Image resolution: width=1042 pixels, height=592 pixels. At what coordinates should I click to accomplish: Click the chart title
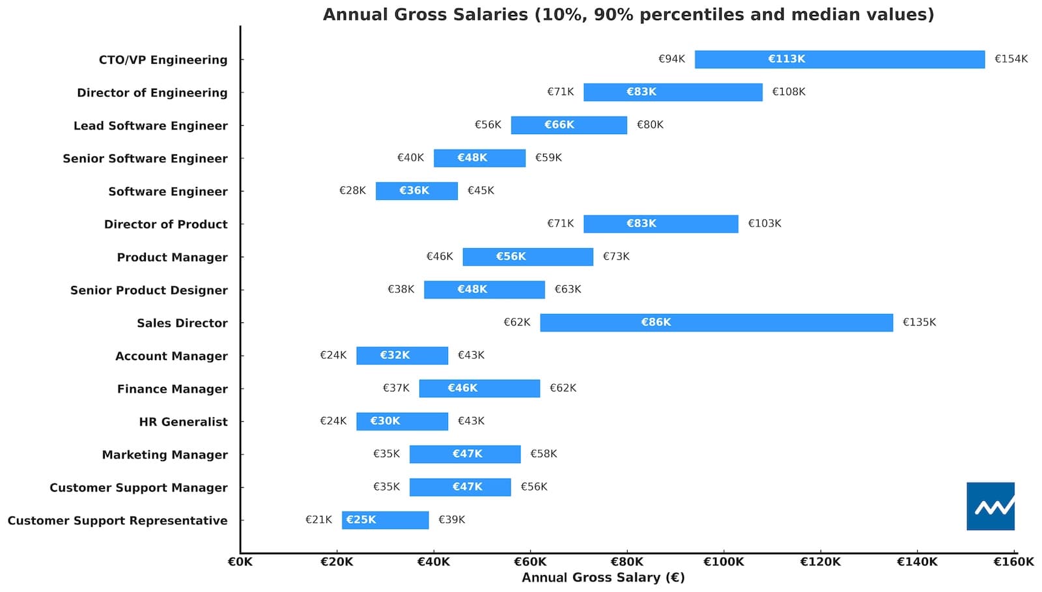coord(628,14)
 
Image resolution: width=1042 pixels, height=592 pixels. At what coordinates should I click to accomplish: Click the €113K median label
coord(787,59)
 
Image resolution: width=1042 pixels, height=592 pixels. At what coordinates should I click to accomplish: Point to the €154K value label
coord(1011,59)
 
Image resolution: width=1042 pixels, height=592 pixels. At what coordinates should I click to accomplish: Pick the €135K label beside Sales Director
coord(919,322)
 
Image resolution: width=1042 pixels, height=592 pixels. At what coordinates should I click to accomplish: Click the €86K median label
coord(656,322)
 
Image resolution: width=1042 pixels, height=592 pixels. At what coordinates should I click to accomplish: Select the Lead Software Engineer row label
coord(150,126)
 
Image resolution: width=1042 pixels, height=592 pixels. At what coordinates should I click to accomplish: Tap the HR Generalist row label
coord(183,422)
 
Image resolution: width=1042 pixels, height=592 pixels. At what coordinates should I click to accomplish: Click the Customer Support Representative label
coord(118,520)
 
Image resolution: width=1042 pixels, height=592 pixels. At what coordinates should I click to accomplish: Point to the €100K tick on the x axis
coord(723,561)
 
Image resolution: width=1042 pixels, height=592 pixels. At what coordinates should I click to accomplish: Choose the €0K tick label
coord(240,561)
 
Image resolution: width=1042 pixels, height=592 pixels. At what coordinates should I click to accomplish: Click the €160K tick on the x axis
coord(1013,561)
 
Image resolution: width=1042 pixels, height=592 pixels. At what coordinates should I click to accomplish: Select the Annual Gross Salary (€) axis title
coord(603,578)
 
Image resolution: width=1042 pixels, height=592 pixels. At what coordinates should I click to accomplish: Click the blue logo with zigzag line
coord(990,506)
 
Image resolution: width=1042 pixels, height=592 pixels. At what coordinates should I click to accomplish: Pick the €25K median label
coord(361,520)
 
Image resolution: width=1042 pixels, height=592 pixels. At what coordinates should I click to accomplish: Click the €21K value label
coord(318,520)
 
